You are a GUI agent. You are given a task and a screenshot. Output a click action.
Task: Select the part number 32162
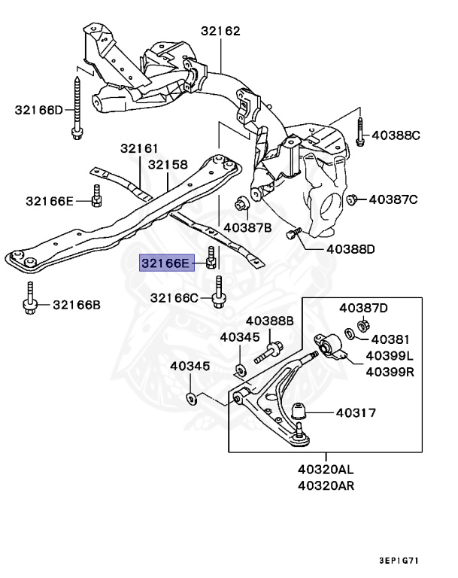coord(220,32)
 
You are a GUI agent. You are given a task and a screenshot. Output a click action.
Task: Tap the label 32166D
coord(39,110)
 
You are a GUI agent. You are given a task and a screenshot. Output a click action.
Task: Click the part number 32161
coord(142,149)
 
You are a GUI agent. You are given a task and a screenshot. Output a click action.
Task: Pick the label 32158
coord(167,164)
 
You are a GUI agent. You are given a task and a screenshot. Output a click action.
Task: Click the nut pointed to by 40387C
coord(350,199)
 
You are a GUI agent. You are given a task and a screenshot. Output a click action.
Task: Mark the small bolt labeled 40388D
coord(293,235)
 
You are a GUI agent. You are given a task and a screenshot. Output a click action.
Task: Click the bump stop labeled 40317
coord(301,412)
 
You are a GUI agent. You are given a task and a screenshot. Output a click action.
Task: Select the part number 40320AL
coord(326,470)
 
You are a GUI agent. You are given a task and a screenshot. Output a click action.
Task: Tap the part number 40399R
coord(390,371)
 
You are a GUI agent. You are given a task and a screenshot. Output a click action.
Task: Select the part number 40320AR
coord(326,485)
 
